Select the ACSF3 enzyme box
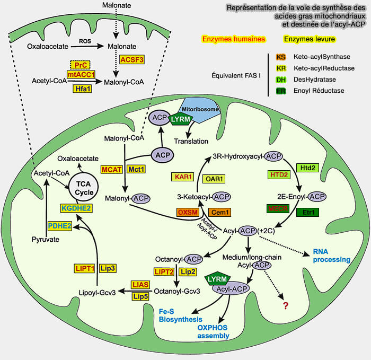[x=131, y=59]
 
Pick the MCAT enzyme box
[x=112, y=169]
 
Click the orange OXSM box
[x=191, y=212]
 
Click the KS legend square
[x=281, y=57]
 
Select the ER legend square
[x=281, y=91]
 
